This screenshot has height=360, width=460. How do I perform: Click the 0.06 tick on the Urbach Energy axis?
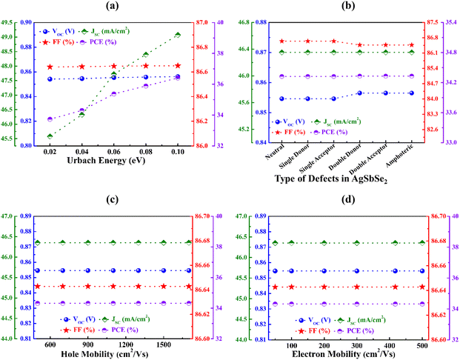114,151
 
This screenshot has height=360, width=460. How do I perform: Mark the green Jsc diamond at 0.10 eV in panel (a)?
178,35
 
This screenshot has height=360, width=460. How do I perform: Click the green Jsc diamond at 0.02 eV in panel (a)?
50,136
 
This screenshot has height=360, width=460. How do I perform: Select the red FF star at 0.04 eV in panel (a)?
82,67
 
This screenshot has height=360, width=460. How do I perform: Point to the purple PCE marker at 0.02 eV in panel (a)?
50,119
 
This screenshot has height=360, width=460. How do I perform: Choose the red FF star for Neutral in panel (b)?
283,41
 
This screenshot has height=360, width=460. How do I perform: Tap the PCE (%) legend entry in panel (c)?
134,330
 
